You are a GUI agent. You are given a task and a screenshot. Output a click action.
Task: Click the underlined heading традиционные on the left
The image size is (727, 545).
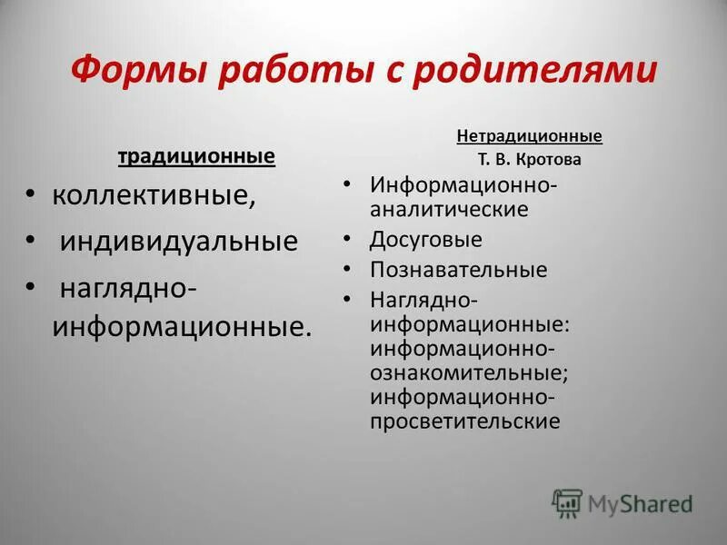click(196, 157)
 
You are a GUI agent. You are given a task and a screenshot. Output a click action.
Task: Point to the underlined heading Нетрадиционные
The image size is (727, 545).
click(529, 136)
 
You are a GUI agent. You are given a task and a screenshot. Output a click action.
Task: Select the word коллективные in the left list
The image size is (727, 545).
click(154, 196)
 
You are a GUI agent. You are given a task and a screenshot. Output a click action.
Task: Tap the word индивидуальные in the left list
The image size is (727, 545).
click(179, 242)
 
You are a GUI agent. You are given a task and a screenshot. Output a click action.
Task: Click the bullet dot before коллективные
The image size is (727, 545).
click(31, 193)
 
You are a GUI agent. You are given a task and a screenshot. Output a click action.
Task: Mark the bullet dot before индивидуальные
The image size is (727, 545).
click(31, 239)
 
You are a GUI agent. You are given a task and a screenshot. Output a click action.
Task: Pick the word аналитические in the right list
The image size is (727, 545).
click(449, 209)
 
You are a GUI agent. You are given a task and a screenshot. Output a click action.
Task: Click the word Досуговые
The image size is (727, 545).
click(425, 240)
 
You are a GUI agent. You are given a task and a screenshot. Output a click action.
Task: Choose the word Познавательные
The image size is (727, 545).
click(458, 270)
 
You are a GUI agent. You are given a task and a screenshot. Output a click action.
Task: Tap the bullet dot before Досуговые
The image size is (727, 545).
click(348, 238)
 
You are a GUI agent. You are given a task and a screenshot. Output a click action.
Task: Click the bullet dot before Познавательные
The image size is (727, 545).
click(348, 268)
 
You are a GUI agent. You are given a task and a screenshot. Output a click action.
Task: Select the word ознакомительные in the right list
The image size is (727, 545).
click(468, 372)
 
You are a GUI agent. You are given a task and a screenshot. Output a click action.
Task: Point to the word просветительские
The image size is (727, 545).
click(463, 421)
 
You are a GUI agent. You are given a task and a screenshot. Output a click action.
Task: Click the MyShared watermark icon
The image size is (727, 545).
click(567, 503)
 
